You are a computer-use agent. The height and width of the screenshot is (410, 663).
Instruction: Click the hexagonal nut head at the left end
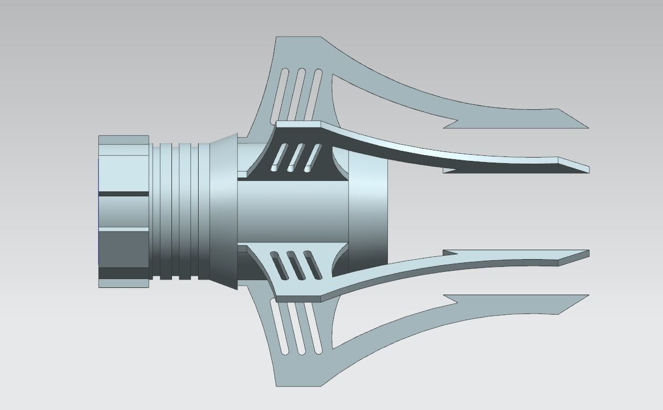[123, 211]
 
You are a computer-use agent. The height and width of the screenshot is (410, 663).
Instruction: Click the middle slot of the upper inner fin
[296, 156]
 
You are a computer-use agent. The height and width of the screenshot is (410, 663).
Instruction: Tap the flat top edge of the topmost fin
[298, 38]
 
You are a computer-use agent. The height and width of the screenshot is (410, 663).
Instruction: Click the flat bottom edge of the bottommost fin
[298, 386]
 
